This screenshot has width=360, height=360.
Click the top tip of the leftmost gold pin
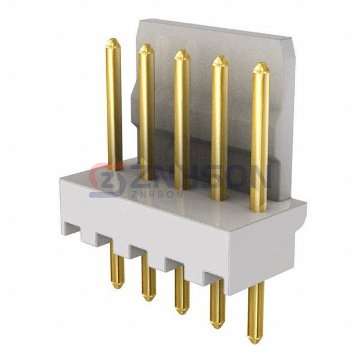[113, 39]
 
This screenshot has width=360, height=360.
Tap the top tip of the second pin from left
[146, 44]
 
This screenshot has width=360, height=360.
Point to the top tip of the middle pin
[181, 50]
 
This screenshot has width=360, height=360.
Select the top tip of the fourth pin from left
[220, 56]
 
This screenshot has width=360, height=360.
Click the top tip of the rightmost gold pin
[261, 63]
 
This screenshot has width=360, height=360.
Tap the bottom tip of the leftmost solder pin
[118, 288]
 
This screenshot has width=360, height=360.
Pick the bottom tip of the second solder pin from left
[148, 301]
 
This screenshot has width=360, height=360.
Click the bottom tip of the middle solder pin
[181, 314]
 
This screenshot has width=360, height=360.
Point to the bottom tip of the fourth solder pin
[217, 328]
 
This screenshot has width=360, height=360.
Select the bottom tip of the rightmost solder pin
[256, 343]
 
